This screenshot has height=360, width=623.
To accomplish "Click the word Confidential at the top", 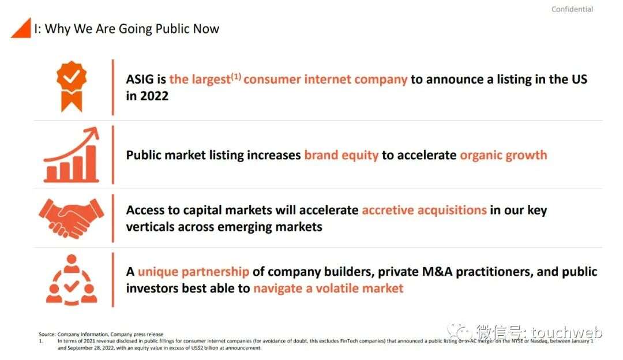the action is click(x=572, y=9).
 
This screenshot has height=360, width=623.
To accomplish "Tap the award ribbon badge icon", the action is click(x=72, y=86).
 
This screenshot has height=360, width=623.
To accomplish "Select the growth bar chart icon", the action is click(x=72, y=155).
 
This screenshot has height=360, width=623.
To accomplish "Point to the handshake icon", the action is click(x=72, y=218).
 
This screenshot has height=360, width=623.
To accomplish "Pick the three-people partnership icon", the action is click(x=72, y=280).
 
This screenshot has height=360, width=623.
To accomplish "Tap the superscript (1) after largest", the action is click(x=236, y=76).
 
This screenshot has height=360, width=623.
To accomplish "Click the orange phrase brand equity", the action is click(x=341, y=155).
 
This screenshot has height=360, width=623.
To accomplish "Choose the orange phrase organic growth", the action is click(x=504, y=155).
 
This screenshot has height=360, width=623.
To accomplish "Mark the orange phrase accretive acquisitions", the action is click(x=425, y=210).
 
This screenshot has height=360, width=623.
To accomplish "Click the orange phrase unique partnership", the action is click(x=193, y=272).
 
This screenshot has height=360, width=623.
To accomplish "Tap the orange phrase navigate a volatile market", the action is click(x=328, y=288).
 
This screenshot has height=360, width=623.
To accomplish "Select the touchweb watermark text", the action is click(x=566, y=332).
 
